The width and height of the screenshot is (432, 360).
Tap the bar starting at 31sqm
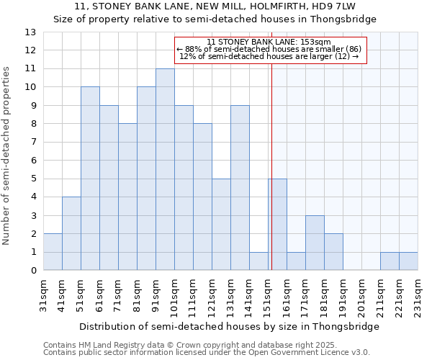53,252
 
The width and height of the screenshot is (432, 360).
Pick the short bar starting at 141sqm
258,261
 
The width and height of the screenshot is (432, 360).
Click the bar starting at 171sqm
315,243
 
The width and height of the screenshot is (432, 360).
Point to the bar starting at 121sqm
221,225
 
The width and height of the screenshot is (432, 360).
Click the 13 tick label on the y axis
30,32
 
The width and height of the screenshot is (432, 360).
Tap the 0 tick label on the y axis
33,271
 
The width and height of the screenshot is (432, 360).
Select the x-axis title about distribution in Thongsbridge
229,326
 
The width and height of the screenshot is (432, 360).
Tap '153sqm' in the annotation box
316,42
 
